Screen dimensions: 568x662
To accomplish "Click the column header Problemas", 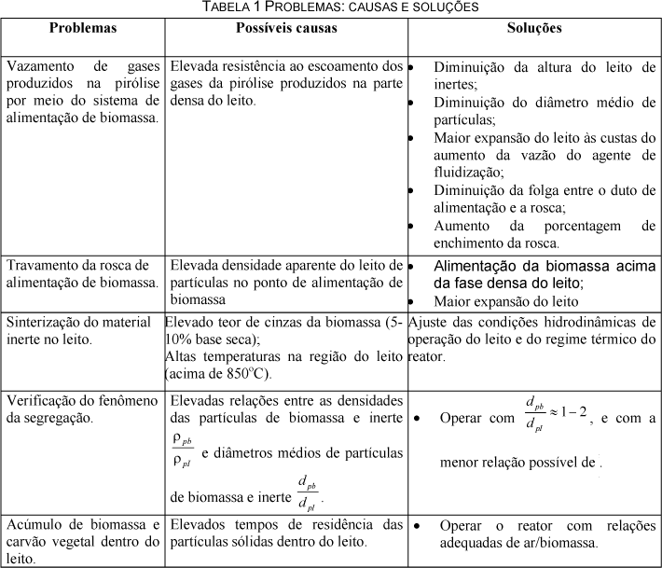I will (x=83, y=28).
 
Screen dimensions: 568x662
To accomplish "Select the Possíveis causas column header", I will (x=286, y=28).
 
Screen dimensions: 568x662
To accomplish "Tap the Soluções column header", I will (x=534, y=28).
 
